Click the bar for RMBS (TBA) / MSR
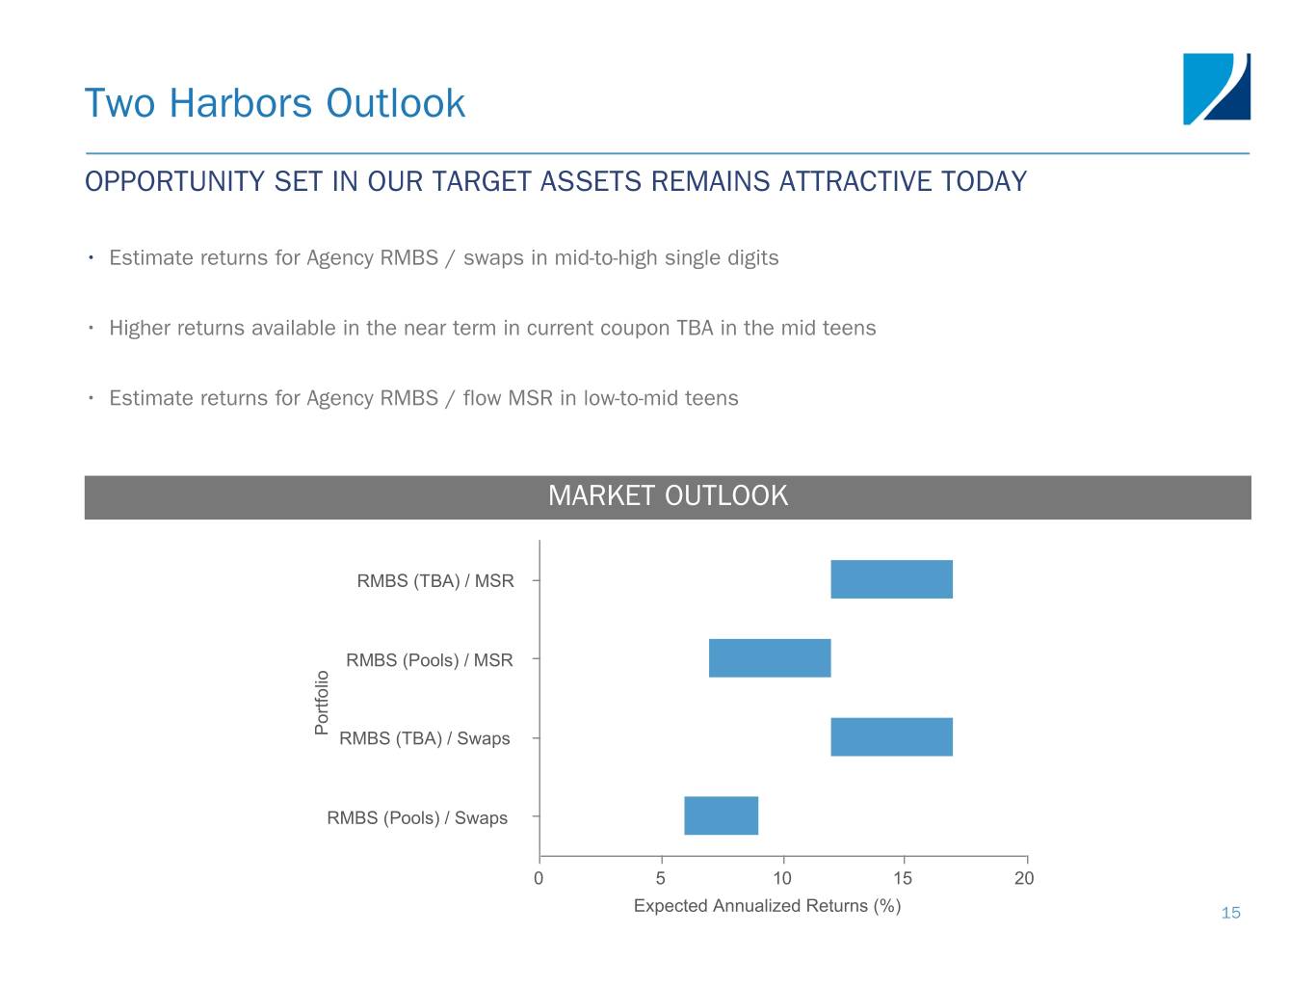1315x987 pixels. tap(891, 579)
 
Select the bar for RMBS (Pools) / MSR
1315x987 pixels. tap(769, 658)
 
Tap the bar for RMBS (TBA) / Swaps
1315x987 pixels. tap(891, 736)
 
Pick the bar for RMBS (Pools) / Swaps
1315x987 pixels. tap(721, 815)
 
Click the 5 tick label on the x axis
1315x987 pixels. tap(660, 878)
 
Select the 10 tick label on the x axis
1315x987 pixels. tap(782, 878)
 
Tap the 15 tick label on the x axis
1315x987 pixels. tap(903, 878)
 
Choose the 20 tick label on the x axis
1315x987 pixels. tap(1024, 878)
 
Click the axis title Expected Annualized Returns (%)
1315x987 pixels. tap(767, 905)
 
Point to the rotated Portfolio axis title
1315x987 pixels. tap(322, 703)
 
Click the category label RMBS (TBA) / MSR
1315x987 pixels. tap(434, 580)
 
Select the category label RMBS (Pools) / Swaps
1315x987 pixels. tap(417, 817)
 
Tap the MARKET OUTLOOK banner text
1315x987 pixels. tap(668, 495)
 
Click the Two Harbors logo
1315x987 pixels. tap(1216, 89)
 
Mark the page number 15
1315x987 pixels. tap(1230, 913)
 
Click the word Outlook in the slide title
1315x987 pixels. tap(395, 103)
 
